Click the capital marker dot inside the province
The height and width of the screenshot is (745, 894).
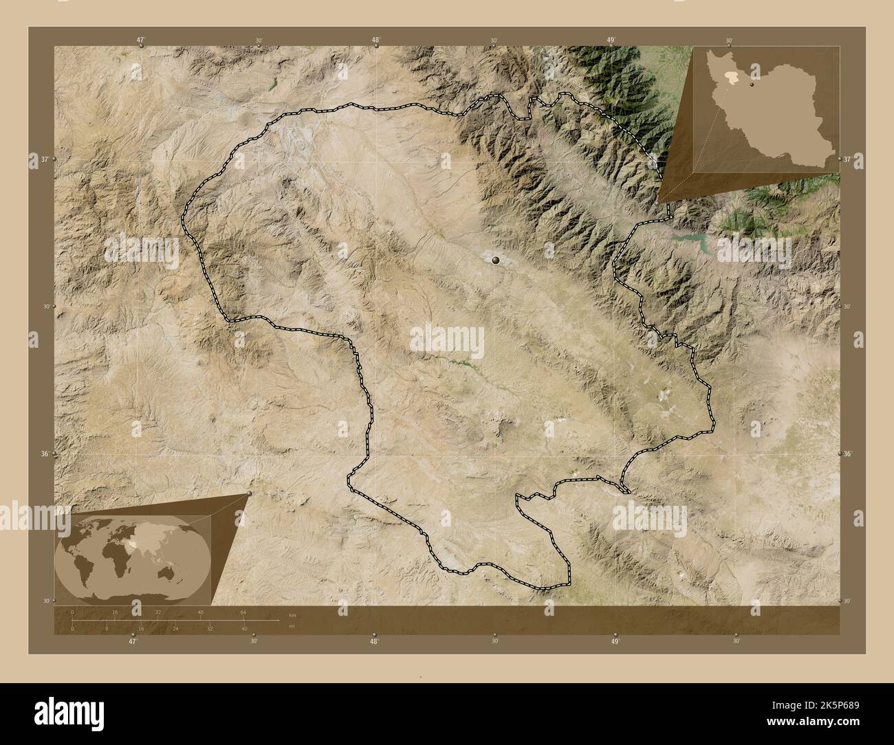[x=496, y=260]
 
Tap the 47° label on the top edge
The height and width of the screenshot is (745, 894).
[x=140, y=40]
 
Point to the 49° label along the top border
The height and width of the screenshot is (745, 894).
[x=611, y=40]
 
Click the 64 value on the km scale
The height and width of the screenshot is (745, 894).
[x=243, y=612]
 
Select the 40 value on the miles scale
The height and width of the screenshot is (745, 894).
[x=244, y=628]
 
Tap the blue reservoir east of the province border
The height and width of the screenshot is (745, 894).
[x=696, y=240]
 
